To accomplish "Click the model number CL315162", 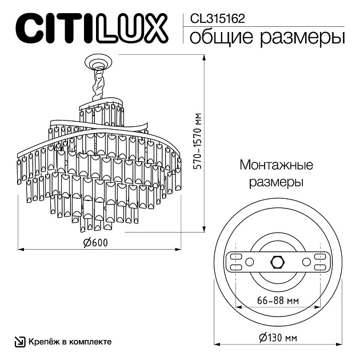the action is coord(217,19).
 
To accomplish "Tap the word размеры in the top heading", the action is coord(302,38).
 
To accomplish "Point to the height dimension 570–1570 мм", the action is coord(197,141).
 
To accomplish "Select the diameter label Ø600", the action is coord(95,243).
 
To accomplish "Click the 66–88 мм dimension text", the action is coord(278,301).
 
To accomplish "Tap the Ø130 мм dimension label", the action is coord(278,338).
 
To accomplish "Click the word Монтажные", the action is coord(277,165).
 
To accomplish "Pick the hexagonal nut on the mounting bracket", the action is coord(278,262).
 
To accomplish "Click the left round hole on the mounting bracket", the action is coord(250,262).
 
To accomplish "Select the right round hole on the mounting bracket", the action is coord(306,262).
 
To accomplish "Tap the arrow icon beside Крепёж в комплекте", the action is coord(20,342).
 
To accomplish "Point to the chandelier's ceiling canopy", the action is coord(98,61).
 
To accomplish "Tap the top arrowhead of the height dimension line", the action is coord(204,57).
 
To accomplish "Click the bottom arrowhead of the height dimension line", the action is coord(204,229).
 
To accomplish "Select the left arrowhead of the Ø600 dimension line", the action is coord(21,249).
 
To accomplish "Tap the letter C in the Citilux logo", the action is coord(27,29).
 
